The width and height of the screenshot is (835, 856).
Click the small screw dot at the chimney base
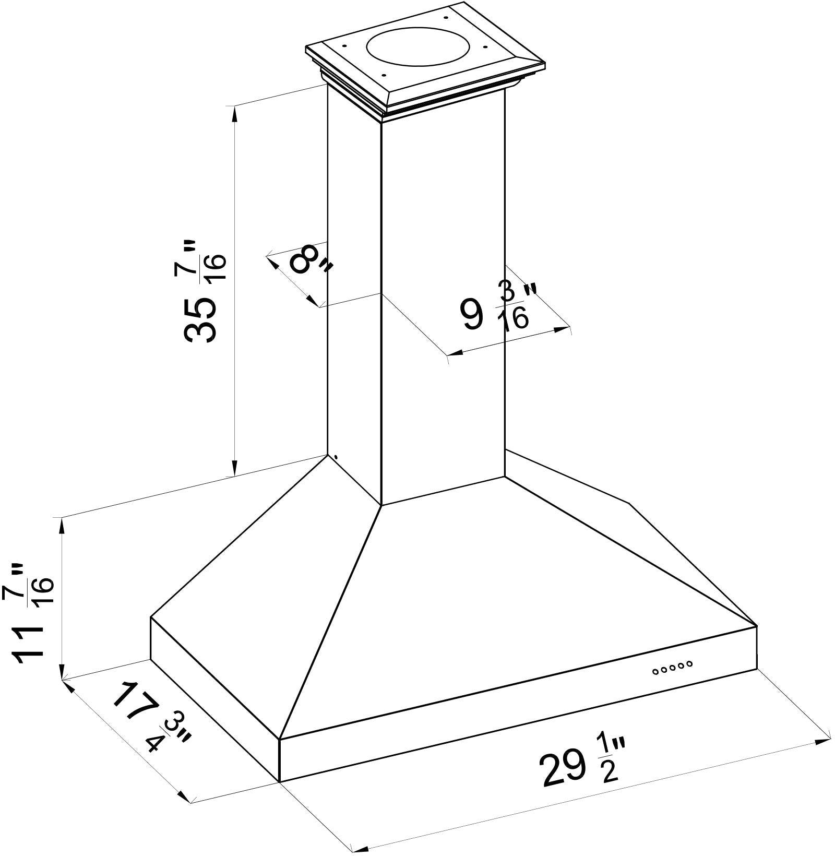coord(336,458)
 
